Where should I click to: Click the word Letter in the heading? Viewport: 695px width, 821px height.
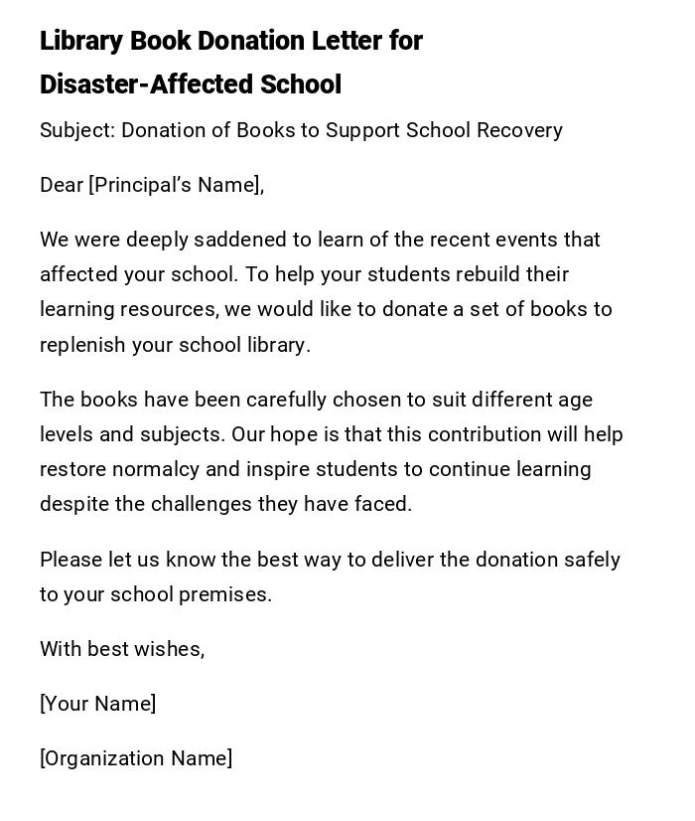pyautogui.click(x=347, y=41)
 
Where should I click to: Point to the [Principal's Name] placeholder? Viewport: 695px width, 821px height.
pyautogui.click(x=177, y=185)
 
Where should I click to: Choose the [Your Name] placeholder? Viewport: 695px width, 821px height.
pyautogui.click(x=98, y=704)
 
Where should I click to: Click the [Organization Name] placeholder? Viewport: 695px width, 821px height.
pyautogui.click(x=136, y=758)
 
